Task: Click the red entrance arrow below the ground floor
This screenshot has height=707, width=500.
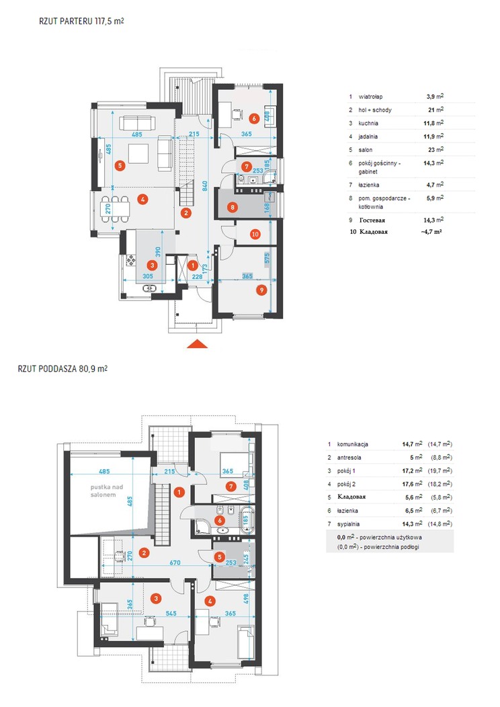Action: [x=197, y=344]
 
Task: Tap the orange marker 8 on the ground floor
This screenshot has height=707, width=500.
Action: [x=233, y=208]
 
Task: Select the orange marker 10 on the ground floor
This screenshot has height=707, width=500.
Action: [x=255, y=234]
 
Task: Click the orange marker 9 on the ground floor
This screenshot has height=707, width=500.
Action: [x=261, y=290]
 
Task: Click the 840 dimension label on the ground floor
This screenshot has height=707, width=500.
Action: [x=204, y=185]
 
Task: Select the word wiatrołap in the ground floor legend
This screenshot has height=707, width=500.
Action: [x=370, y=97]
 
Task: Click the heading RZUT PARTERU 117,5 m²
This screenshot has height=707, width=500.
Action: [x=81, y=22]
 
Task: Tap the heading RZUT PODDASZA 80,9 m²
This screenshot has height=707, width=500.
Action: [x=62, y=369]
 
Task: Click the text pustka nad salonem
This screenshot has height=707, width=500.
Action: [x=103, y=491]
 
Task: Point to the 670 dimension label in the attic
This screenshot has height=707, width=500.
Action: [x=175, y=563]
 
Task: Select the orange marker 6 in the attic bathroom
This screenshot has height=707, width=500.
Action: [x=220, y=520]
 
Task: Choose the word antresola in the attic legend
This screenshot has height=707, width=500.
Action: [x=349, y=458]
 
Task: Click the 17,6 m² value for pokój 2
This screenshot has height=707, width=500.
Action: [x=412, y=484]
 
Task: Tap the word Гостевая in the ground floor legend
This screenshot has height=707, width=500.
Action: [x=372, y=220]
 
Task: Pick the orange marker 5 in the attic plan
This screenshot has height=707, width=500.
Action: [x=219, y=557]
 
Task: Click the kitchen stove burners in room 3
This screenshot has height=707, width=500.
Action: [x=131, y=260]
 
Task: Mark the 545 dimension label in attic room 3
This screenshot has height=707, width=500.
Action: [x=171, y=614]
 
